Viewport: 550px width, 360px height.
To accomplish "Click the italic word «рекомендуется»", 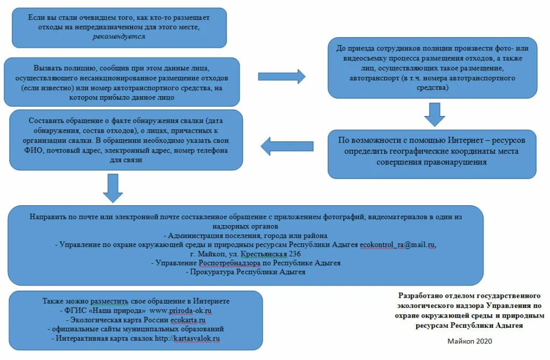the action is pos(119,37).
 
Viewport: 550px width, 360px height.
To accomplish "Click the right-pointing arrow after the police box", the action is pos(281,77).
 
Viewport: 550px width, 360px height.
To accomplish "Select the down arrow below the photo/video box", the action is pos(435,113).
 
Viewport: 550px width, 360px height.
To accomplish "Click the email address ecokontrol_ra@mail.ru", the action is pos(397,245).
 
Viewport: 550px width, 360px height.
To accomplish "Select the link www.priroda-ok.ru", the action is pos(180,311).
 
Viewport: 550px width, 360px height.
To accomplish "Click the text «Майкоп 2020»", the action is pos(469,341).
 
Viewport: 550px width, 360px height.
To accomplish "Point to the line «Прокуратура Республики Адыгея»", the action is pos(245,272).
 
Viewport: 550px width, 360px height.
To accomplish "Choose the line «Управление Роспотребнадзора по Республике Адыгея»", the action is pos(245,263).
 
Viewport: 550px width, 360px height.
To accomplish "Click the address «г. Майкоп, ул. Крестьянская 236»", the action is pos(245,254).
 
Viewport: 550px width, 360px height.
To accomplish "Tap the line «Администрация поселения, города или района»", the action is pos(245,236).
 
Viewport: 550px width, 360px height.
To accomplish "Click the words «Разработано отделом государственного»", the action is pos(469,296).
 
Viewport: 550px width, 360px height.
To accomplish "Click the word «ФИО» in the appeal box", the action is pos(38,151).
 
